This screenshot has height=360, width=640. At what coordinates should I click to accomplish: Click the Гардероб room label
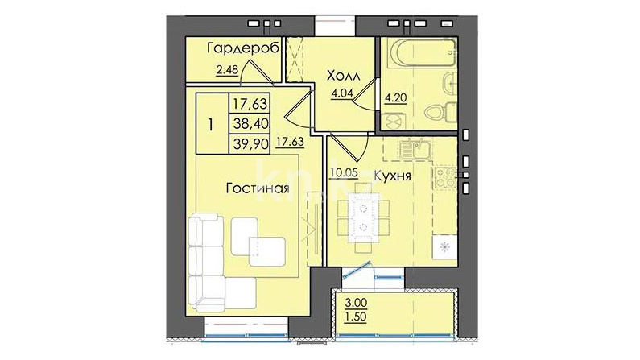click(243, 48)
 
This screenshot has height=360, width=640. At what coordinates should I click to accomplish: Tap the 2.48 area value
click(227, 70)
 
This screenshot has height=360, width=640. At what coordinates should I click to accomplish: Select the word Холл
click(344, 76)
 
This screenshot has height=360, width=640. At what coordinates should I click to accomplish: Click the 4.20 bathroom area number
click(396, 98)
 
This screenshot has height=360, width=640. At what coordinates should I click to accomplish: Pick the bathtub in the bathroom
click(423, 53)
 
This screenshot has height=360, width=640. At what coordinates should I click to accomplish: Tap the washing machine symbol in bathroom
click(394, 121)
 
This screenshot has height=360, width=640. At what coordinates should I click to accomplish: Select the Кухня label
click(393, 176)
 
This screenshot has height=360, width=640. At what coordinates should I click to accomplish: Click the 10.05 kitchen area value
click(344, 172)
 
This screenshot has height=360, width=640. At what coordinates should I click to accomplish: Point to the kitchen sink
click(415, 149)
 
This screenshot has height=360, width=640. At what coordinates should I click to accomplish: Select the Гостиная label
click(258, 188)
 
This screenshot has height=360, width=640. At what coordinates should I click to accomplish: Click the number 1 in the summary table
click(211, 125)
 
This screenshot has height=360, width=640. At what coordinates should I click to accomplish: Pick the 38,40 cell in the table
click(250, 123)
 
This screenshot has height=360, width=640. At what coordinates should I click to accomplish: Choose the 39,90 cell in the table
click(250, 143)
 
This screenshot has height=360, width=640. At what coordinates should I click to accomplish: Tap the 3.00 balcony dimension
click(356, 304)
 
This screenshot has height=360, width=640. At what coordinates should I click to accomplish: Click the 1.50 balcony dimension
click(356, 317)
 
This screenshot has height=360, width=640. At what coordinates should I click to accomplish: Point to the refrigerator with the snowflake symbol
click(445, 247)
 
